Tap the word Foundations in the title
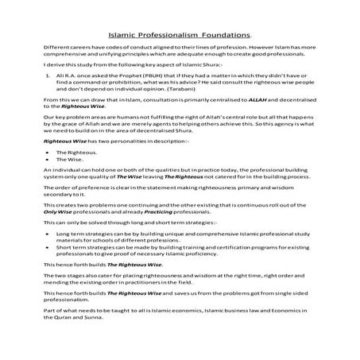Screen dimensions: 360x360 coord(229,36)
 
